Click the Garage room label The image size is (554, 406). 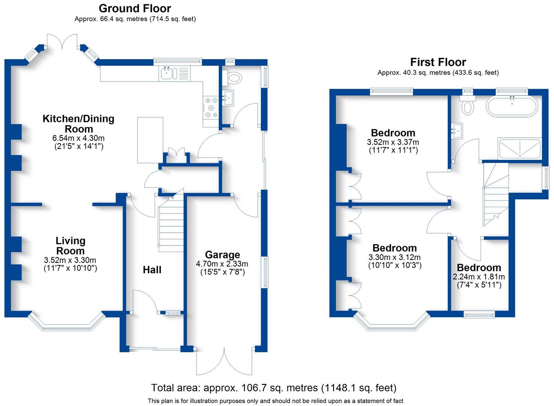(x=222, y=255)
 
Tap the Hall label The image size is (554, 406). (x=152, y=270)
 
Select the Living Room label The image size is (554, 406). (x=70, y=246)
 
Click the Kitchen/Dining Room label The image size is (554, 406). (x=78, y=124)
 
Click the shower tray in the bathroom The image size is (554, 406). (x=519, y=148)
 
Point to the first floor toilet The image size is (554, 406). (x=468, y=105)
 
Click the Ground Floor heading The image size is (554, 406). (x=135, y=8)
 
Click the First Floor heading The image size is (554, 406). (x=438, y=62)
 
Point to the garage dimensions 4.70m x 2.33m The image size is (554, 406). (x=222, y=264)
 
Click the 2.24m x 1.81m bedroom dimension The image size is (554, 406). (x=478, y=277)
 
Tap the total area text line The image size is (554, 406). (x=274, y=388)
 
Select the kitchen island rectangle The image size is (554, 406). (x=150, y=140)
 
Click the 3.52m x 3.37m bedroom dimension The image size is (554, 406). (x=393, y=142)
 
